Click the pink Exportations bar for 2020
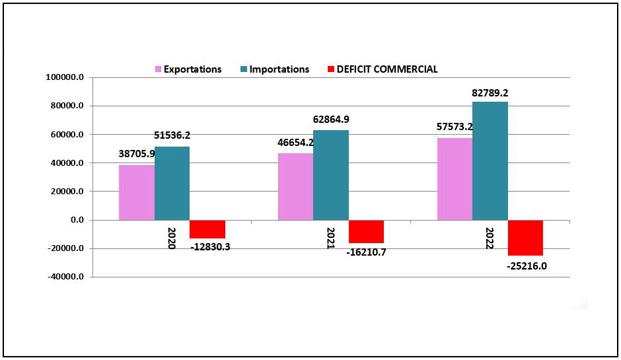pyautogui.click(x=137, y=192)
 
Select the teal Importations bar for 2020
pyautogui.click(x=172, y=183)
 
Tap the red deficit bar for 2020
pyautogui.click(x=207, y=229)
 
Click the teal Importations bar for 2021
pyautogui.click(x=331, y=175)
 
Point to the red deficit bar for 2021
pyautogui.click(x=366, y=231)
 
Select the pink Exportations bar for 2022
pyautogui.click(x=455, y=178)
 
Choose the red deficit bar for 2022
pyautogui.click(x=525, y=238)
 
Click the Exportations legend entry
pyautogui.click(x=188, y=69)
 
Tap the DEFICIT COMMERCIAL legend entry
pyautogui.click(x=383, y=69)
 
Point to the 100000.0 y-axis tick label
pyautogui.click(x=65, y=77)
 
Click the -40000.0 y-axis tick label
pyautogui.click(x=65, y=277)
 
